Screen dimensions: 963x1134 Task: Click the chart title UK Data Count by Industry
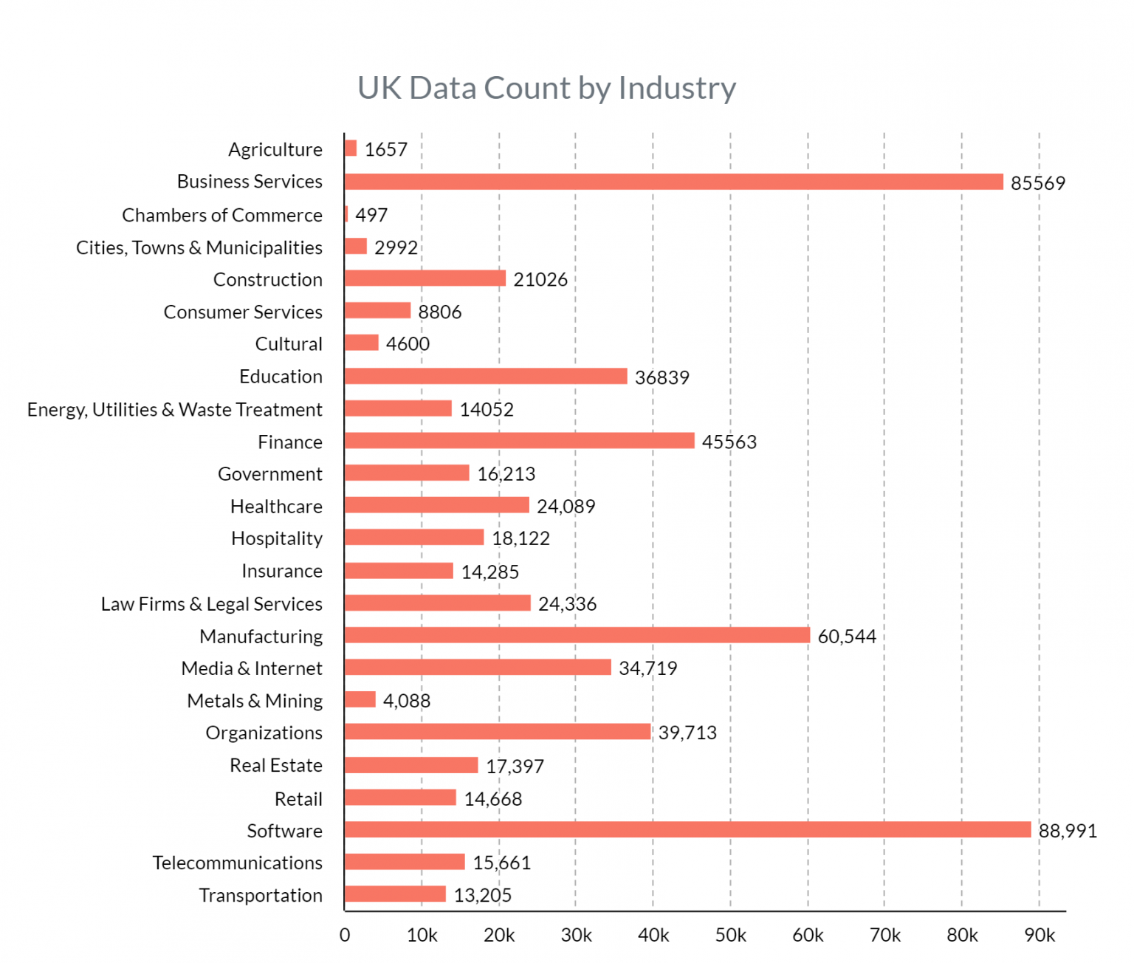(x=546, y=88)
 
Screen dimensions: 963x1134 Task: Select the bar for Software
(x=687, y=829)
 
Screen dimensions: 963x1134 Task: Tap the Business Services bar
(x=673, y=182)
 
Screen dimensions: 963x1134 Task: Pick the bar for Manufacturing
(x=577, y=635)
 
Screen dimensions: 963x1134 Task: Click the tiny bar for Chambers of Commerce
(x=346, y=214)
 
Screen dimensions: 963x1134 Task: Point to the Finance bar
(x=519, y=441)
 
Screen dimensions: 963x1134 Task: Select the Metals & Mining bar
(x=360, y=699)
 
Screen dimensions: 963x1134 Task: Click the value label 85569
(x=1037, y=183)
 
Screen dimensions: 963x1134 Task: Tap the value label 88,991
(x=1068, y=831)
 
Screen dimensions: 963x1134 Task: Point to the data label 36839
(x=661, y=377)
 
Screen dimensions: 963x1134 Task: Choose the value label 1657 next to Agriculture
(x=385, y=149)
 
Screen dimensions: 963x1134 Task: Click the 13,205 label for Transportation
(x=482, y=895)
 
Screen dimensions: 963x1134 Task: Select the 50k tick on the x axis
(x=730, y=935)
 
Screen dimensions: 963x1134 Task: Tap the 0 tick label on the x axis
(x=345, y=935)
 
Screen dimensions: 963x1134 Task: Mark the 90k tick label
(x=1039, y=935)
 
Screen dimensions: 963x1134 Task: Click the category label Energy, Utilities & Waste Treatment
(x=175, y=409)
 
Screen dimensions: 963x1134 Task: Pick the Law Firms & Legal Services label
(x=212, y=603)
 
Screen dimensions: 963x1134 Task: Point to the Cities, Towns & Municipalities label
(x=199, y=247)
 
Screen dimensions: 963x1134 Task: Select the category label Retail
(x=298, y=798)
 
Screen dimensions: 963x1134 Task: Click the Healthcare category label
(x=276, y=506)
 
